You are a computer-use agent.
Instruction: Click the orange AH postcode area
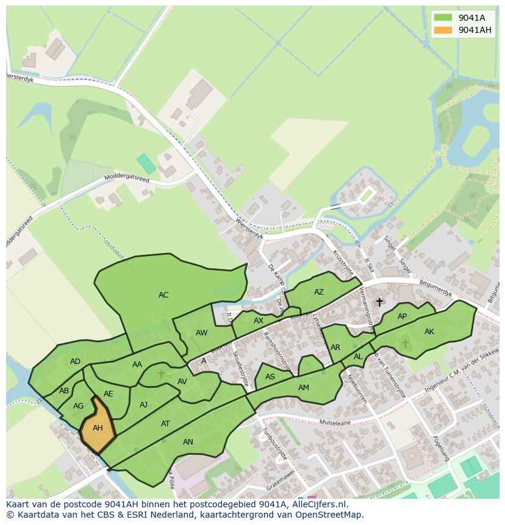98,429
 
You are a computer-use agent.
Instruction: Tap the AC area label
163,295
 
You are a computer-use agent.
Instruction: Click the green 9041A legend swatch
443,18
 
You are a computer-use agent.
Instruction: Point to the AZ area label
319,292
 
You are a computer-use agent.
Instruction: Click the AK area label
429,332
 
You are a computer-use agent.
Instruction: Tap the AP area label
402,316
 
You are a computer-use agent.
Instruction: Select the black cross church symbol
379,302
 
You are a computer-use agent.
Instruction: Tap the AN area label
188,442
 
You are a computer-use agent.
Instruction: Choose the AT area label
165,424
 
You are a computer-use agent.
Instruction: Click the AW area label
202,333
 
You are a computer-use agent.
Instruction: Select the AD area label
75,362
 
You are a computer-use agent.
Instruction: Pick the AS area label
270,377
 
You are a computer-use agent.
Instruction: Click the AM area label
304,388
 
